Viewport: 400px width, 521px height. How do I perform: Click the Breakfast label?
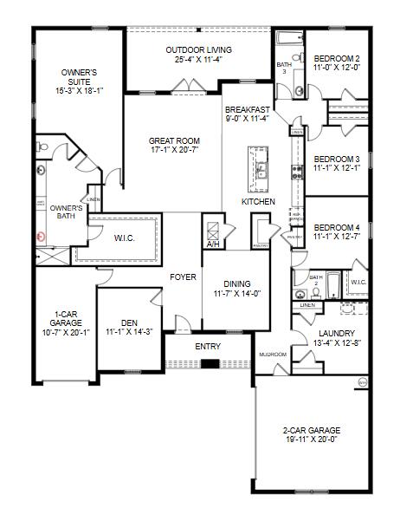pyautogui.click(x=247, y=110)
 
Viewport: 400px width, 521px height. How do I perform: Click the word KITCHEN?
pyautogui.click(x=258, y=202)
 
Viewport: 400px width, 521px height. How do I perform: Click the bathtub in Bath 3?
pyautogui.click(x=287, y=39)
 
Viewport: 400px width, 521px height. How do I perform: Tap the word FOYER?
pyautogui.click(x=184, y=277)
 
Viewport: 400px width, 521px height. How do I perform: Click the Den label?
pyautogui.click(x=129, y=322)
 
